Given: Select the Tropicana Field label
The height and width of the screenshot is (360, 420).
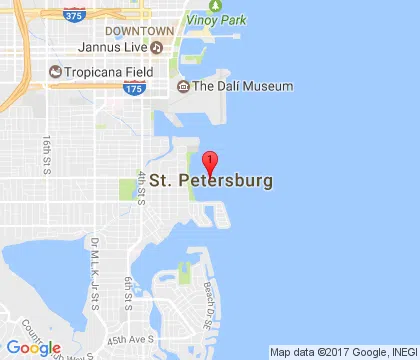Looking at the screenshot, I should pyautogui.click(x=107, y=72).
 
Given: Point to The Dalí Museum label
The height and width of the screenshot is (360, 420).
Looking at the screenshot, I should pyautogui.click(x=242, y=87).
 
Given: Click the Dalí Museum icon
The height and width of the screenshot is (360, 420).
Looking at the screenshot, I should pyautogui.click(x=183, y=87).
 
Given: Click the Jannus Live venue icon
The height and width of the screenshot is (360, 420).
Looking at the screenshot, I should pyautogui.click(x=157, y=47).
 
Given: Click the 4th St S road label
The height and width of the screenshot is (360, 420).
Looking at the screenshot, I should pyautogui.click(x=143, y=188).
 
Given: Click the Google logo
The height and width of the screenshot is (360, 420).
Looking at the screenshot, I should pyautogui.click(x=34, y=347).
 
